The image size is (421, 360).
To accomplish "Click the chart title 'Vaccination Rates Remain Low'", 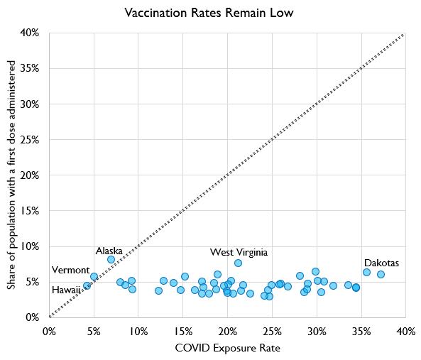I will [208, 13].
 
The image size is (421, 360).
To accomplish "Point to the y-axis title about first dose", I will [12, 175].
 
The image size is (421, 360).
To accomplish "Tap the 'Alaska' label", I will [109, 251].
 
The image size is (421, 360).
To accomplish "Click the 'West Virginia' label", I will [239, 252].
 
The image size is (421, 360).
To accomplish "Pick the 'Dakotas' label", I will [381, 263].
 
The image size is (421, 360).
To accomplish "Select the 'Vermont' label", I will [70, 271].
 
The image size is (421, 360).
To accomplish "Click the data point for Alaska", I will [111, 260].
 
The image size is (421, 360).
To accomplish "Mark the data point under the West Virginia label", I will [238, 263].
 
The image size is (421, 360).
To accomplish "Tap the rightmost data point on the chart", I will [381, 274].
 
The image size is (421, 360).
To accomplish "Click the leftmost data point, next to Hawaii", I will [87, 285].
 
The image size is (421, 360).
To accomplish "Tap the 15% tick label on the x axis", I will [182, 331].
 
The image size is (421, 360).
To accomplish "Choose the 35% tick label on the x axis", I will [361, 331].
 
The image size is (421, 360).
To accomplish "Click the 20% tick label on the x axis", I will [227, 331].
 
